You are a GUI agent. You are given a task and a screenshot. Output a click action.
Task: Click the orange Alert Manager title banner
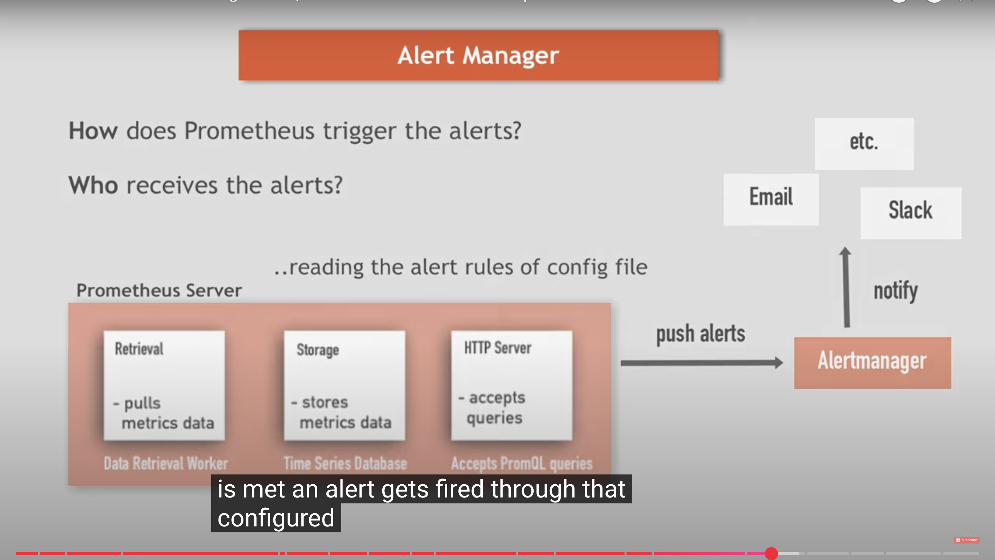click(478, 55)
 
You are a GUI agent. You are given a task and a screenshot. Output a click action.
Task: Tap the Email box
click(771, 199)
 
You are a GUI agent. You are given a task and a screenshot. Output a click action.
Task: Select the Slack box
click(910, 213)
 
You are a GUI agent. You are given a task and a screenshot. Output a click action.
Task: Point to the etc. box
click(864, 144)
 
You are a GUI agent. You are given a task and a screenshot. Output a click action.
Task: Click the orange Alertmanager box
click(872, 362)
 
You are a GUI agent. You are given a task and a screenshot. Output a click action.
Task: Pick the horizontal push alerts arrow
click(701, 363)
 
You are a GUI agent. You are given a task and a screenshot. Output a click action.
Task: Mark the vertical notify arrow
click(846, 288)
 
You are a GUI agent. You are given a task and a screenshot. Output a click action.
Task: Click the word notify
click(895, 291)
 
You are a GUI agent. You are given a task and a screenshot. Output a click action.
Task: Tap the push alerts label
click(700, 334)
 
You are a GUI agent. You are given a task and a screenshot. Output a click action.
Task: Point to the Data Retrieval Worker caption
click(166, 463)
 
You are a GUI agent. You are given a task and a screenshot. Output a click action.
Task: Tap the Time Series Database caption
click(345, 463)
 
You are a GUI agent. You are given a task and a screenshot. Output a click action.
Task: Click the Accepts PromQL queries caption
click(522, 463)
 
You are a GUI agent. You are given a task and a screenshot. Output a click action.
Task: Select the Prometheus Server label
click(159, 290)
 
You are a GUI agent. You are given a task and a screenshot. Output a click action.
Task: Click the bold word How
click(93, 131)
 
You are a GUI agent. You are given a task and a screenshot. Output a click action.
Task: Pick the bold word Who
click(93, 185)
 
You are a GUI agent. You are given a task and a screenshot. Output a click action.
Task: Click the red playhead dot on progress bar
click(771, 553)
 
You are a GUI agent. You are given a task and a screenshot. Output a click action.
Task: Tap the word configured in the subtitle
click(276, 518)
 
